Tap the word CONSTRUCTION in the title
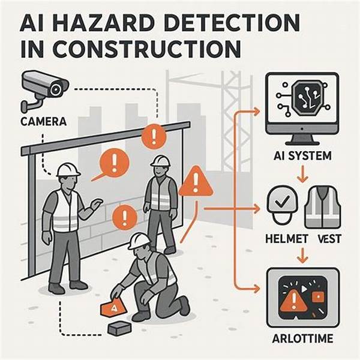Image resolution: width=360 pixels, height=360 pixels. click(x=147, y=50)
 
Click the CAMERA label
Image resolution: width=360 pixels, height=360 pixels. click(x=43, y=122)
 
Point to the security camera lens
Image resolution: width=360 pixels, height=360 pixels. click(x=56, y=89)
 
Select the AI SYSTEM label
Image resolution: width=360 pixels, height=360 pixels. click(x=302, y=156)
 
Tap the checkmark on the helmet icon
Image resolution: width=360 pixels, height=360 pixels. click(x=282, y=202)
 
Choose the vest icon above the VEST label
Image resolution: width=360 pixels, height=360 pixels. click(x=323, y=207)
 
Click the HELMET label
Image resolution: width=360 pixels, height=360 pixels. click(x=286, y=239)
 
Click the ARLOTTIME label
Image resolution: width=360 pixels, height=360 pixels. click(x=302, y=338)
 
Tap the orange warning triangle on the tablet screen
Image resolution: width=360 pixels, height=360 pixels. click(x=293, y=300)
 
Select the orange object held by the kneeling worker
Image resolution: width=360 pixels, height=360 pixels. click(x=114, y=307)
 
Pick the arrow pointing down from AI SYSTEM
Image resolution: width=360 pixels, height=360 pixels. click(x=302, y=174)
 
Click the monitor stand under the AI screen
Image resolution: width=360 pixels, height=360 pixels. click(x=302, y=139)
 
